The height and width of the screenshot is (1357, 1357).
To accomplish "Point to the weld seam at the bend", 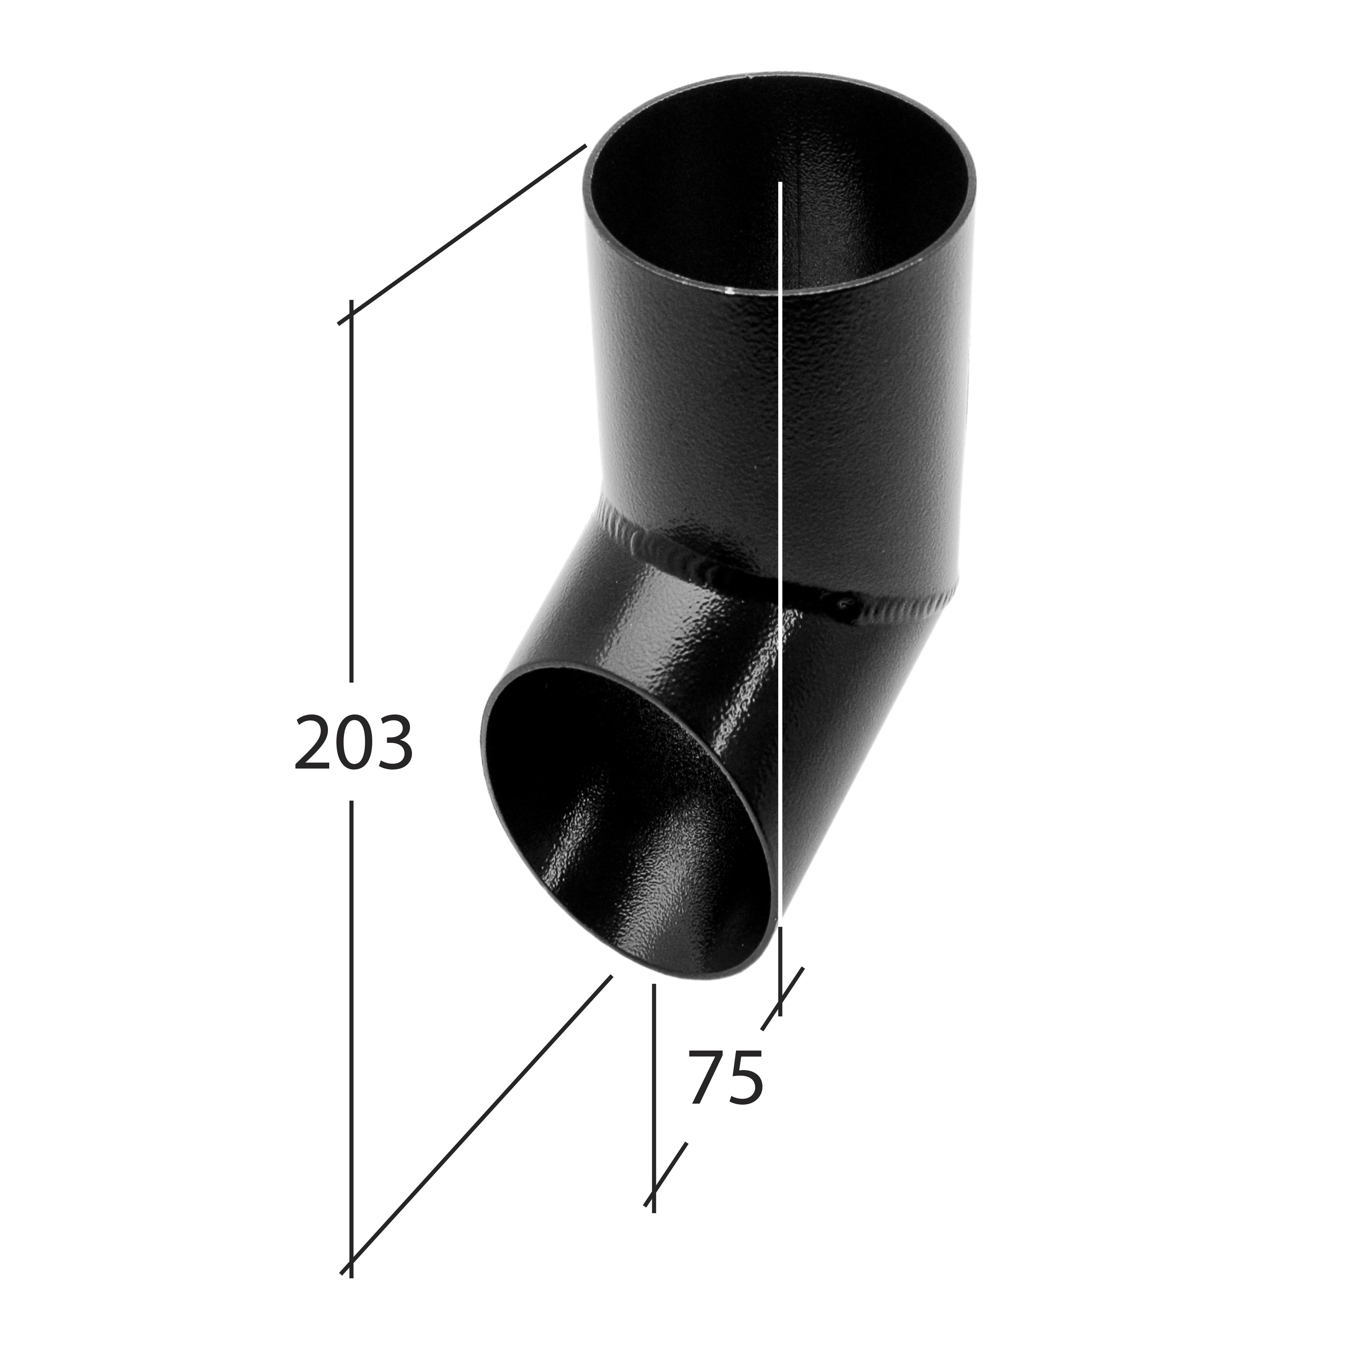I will click(702, 562).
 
